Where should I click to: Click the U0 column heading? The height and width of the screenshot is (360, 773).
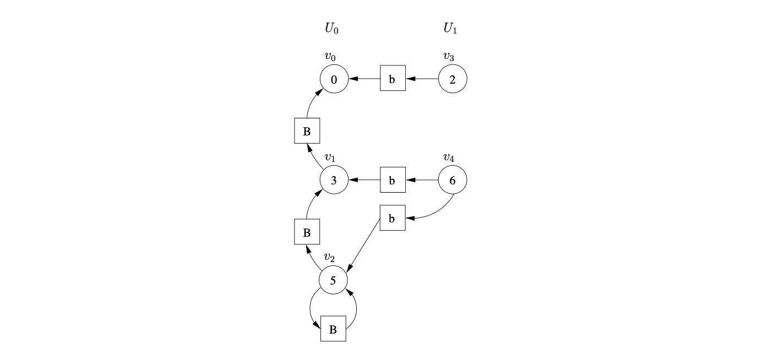(331, 29)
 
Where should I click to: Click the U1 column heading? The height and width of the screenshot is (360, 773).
(450, 29)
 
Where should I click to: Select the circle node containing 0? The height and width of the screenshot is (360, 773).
(334, 79)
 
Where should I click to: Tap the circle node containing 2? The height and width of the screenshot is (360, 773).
(453, 79)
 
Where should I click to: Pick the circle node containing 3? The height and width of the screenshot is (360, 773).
(334, 180)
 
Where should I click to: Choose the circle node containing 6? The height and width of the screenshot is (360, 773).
(453, 180)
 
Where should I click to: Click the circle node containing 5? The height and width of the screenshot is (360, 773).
(333, 281)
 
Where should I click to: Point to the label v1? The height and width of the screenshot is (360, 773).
(330, 157)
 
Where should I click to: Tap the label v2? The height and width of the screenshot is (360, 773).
(329, 257)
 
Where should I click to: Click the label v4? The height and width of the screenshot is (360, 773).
(449, 157)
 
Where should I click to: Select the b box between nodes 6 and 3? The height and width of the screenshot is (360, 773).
(393, 180)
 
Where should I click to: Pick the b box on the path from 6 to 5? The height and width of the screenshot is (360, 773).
(393, 218)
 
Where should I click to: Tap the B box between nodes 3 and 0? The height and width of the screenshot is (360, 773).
(307, 131)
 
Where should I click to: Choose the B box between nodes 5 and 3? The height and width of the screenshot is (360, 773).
(307, 232)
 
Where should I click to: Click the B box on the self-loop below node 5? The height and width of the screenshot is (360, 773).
(333, 329)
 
